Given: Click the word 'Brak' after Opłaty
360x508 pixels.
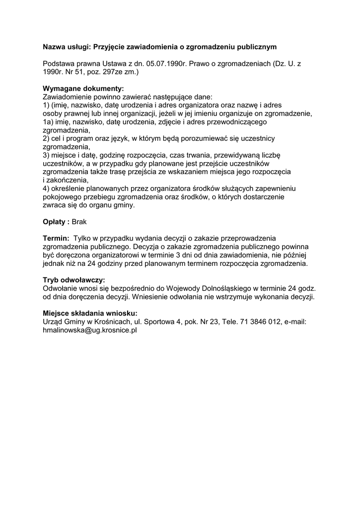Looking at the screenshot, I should (79, 221).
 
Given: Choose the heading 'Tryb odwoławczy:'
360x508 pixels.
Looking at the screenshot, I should (74, 280).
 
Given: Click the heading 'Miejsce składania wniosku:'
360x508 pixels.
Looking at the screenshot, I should (89, 313).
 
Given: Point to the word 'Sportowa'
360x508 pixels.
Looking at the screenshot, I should (158, 321).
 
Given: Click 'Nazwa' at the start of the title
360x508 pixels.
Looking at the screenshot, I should (54, 47).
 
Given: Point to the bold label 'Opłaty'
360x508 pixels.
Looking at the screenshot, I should (55, 221).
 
